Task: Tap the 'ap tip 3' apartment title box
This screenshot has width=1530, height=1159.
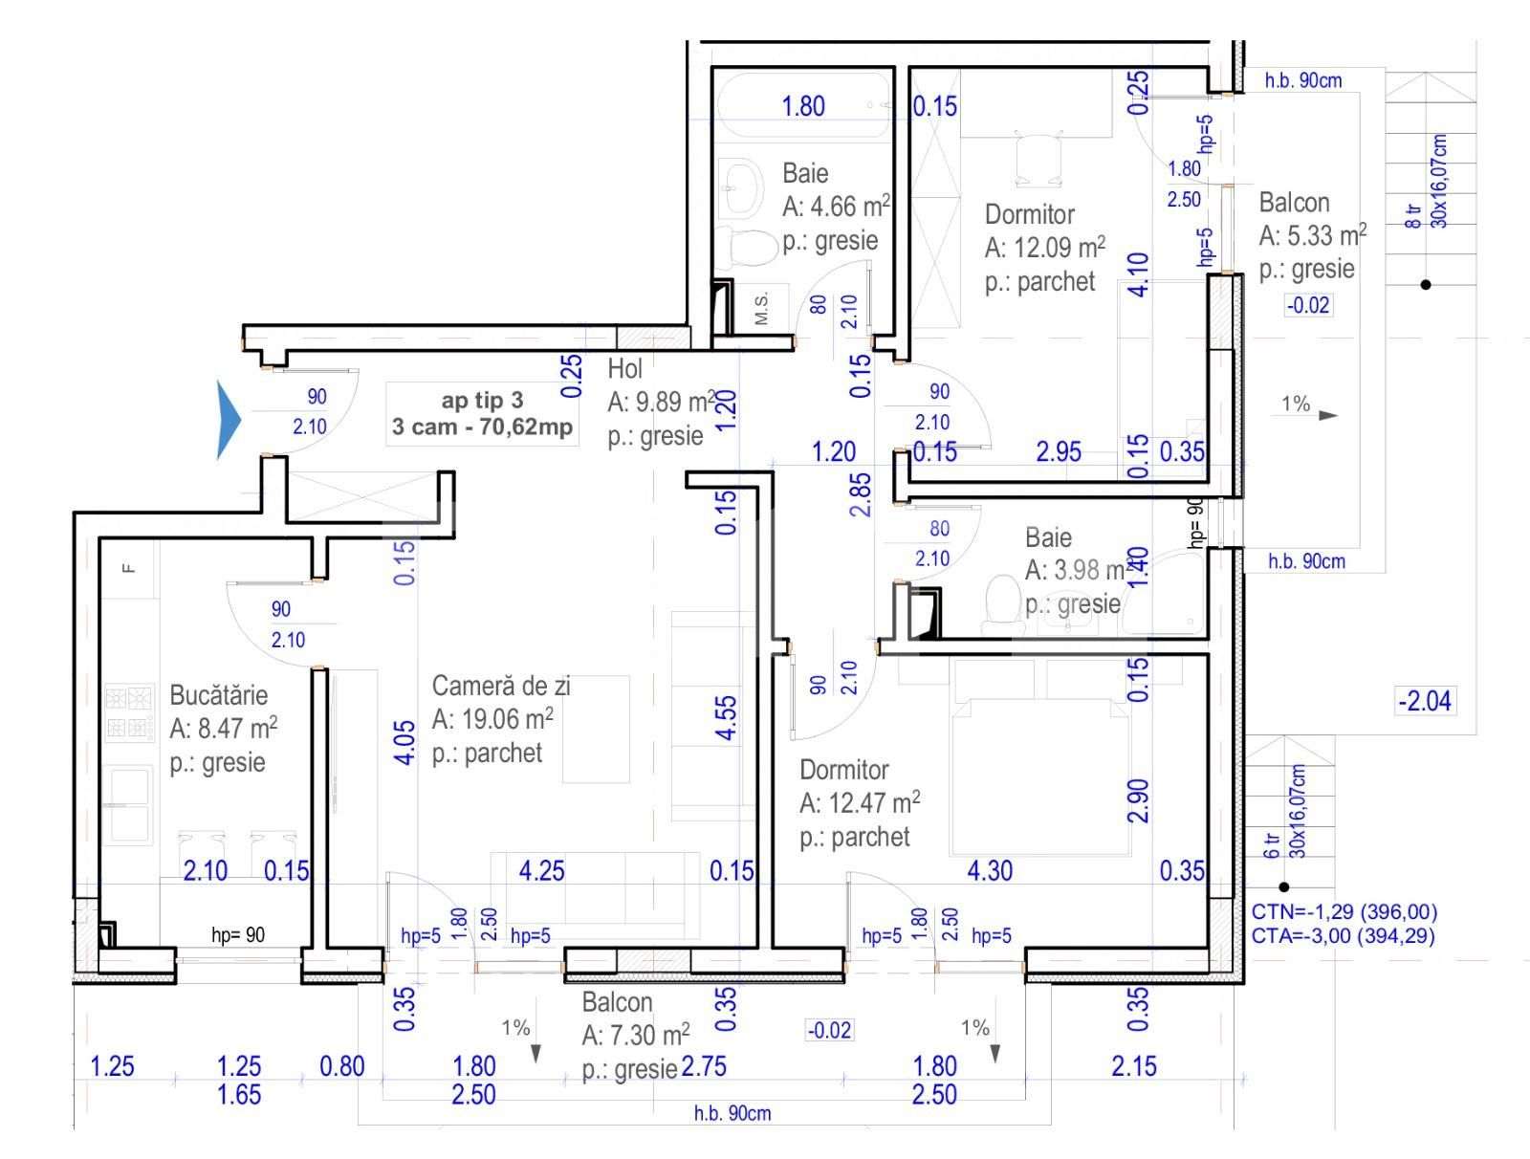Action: point(483,413)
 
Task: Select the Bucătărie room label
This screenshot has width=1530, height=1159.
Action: point(218,695)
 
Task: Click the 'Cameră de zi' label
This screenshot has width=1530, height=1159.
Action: point(500,686)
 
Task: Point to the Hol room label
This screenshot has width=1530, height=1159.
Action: point(624,368)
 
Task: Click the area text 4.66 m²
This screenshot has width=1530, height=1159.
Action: point(837,206)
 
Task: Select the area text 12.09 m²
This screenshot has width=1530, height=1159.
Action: point(1045,248)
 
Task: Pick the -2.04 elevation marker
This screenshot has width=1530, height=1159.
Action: point(1425,701)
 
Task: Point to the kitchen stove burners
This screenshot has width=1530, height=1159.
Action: point(128,712)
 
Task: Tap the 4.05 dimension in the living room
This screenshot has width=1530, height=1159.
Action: point(404,741)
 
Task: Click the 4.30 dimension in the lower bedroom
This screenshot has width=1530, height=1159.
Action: point(989,870)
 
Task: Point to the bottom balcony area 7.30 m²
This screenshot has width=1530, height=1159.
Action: point(636,1035)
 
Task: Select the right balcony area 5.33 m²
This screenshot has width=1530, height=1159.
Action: point(1313,235)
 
